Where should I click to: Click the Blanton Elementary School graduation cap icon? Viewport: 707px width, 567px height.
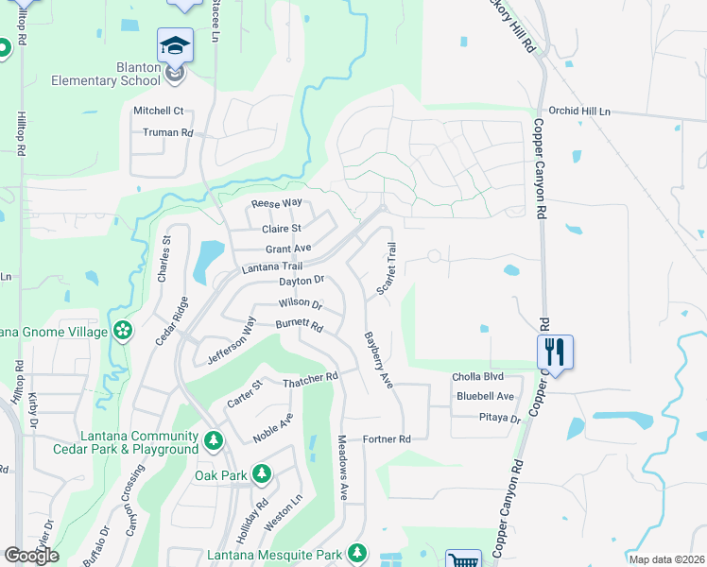(176, 45)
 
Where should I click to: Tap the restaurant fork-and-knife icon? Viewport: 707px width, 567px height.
(555, 352)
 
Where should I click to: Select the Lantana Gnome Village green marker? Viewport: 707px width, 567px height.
(122, 330)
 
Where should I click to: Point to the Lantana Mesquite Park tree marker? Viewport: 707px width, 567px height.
(356, 552)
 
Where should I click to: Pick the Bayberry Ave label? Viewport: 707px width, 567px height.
(378, 359)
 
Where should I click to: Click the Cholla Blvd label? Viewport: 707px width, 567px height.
(478, 376)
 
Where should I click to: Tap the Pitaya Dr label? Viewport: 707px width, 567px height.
(500, 418)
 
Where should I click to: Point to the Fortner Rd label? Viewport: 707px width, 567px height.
(388, 439)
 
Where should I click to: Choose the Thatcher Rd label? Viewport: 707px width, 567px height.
(310, 379)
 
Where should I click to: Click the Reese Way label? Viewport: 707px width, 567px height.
(276, 203)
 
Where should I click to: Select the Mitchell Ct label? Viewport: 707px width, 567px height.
(158, 111)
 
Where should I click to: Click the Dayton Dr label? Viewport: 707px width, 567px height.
(302, 281)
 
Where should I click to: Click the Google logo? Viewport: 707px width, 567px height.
(31, 556)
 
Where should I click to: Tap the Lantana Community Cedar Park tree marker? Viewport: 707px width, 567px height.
(215, 439)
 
